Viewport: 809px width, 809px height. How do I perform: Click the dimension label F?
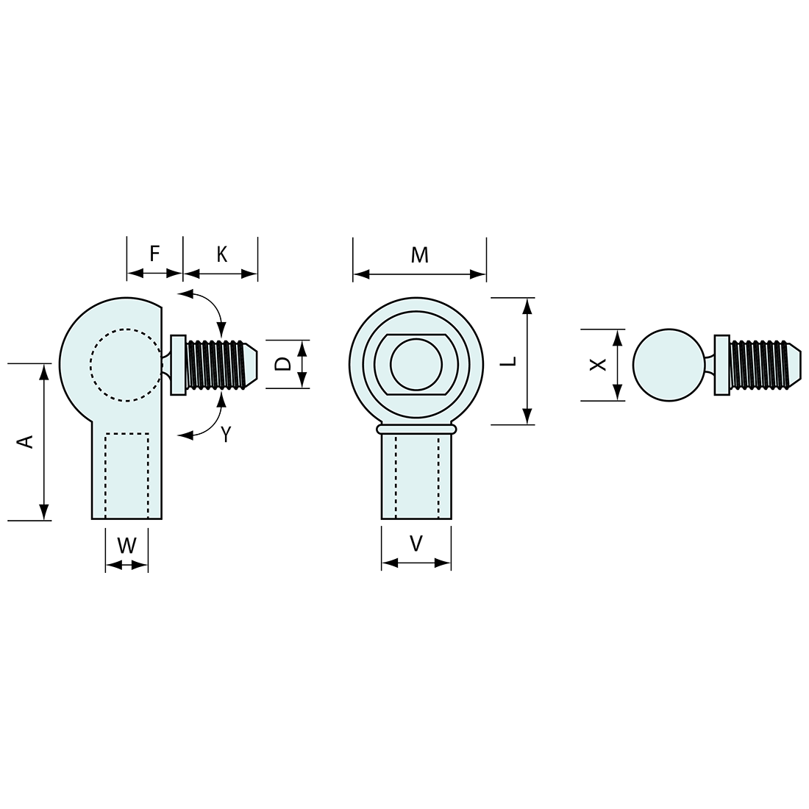[x=154, y=254]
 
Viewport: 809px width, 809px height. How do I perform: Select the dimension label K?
[x=221, y=254]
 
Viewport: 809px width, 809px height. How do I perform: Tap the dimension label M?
[x=419, y=255]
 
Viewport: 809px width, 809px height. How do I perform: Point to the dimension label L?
[x=512, y=361]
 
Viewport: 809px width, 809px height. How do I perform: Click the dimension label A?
[x=26, y=441]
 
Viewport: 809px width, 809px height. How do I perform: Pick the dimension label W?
[x=127, y=546]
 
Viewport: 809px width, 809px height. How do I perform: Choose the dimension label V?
[x=416, y=544]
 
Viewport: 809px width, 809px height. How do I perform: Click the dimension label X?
[x=599, y=364]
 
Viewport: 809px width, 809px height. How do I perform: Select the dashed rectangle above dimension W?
[x=127, y=475]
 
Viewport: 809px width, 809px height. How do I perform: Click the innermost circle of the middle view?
[x=416, y=364]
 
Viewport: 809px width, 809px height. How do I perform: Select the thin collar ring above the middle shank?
[x=416, y=428]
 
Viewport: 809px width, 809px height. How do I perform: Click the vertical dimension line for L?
[x=527, y=361]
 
